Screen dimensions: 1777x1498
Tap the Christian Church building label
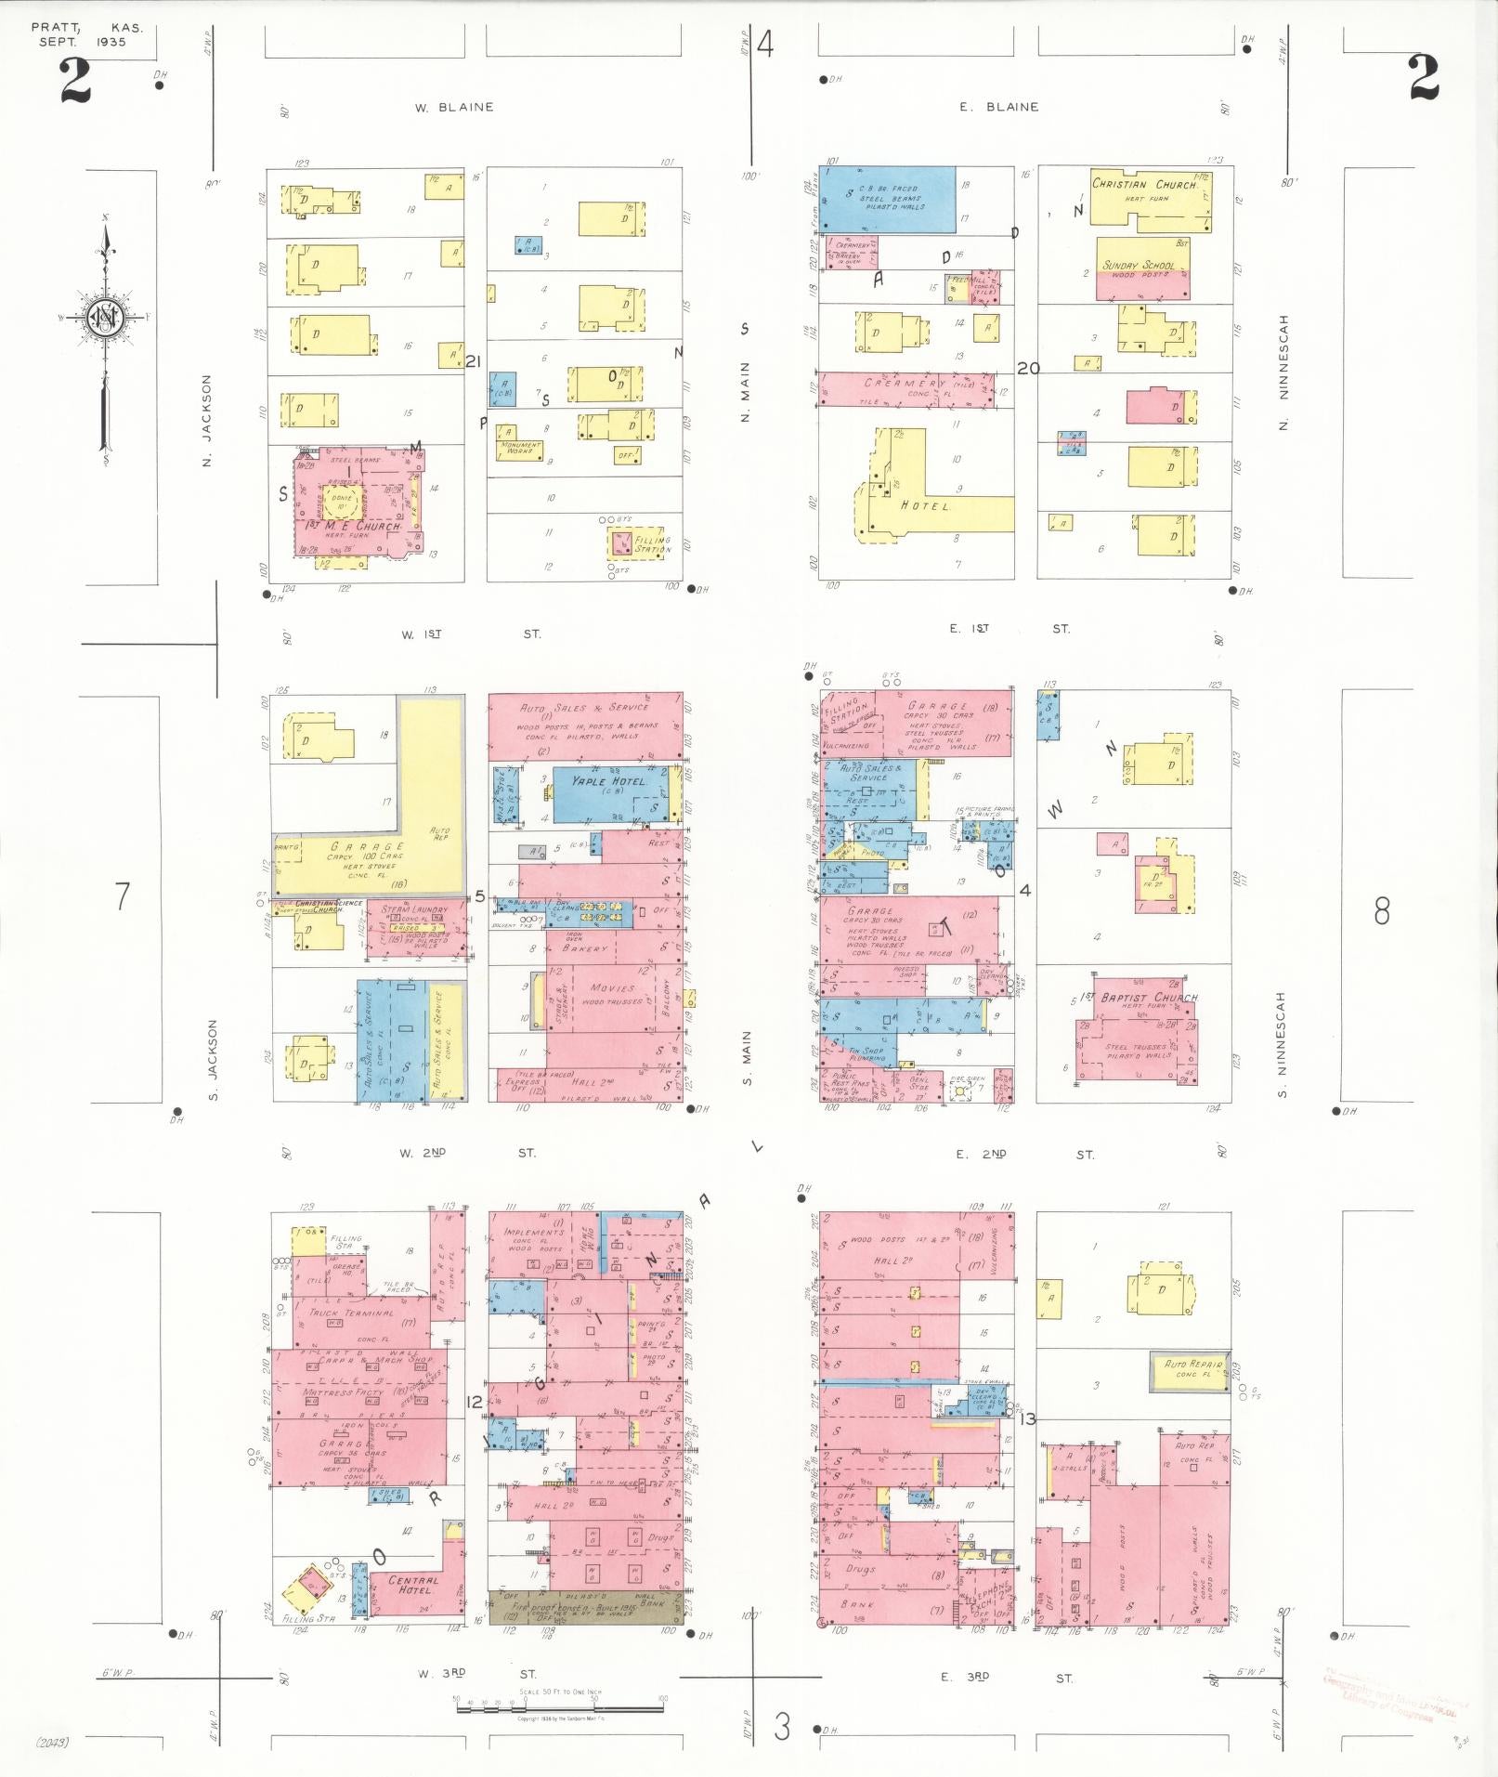click(x=1144, y=185)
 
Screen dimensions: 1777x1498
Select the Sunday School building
click(x=1142, y=269)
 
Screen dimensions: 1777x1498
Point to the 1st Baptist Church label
click(x=1150, y=998)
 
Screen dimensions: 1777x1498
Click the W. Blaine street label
click(x=454, y=107)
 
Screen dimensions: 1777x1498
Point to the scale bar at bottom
click(x=559, y=1701)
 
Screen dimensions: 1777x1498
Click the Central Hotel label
click(x=413, y=1585)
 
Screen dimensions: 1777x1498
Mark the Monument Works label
click(x=520, y=448)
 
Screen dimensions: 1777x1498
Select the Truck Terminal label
click(x=352, y=1313)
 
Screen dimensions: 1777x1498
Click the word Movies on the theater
click(x=611, y=988)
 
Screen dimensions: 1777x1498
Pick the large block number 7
click(x=122, y=896)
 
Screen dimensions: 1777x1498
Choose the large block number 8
click(x=1381, y=912)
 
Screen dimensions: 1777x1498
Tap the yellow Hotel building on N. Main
click(x=925, y=504)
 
